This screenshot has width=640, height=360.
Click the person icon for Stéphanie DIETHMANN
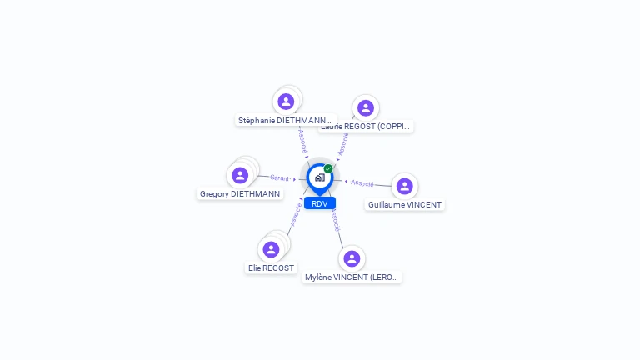tap(286, 102)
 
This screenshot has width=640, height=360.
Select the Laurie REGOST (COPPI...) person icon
tap(365, 108)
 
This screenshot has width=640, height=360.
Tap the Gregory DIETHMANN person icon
tap(240, 175)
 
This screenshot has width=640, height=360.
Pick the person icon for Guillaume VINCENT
tap(404, 186)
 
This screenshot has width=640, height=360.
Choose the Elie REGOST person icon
tap(271, 249)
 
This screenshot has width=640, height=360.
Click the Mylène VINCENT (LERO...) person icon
tap(352, 258)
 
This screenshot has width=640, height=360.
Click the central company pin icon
tap(319, 177)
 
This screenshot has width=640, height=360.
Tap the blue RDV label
tap(319, 203)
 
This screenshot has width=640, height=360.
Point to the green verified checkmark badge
tap(328, 168)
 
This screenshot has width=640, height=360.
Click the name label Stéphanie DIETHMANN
tap(285, 120)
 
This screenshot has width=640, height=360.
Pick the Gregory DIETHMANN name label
tap(239, 194)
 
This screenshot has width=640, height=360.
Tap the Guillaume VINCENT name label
tap(405, 204)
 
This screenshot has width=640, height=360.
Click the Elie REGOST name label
tap(271, 268)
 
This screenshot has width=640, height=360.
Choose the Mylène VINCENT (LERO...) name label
tap(352, 277)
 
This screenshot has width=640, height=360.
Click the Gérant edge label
tap(279, 177)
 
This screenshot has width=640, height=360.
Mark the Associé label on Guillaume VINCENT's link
tap(362, 182)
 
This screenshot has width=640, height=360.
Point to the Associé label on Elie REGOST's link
tap(295, 214)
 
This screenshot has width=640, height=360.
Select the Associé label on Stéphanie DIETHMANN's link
tap(302, 138)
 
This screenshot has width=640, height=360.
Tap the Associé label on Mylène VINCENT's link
tap(334, 219)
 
